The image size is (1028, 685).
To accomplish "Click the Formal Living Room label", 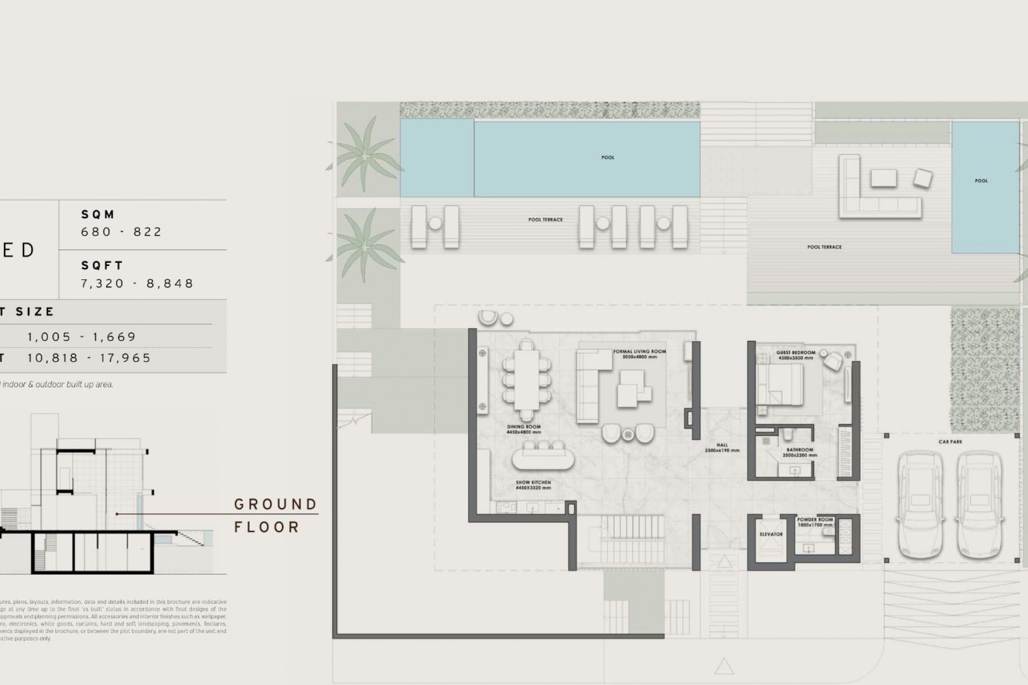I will pos(639,354).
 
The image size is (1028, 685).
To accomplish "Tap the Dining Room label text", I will pos(524,429).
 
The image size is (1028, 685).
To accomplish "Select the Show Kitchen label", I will pos(533,485).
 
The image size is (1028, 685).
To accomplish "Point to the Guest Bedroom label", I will pos(796,355).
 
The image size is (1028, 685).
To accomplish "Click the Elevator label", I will pos(771,534).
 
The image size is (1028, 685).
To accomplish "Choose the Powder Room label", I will pos(815,522).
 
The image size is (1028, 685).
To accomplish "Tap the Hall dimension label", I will pos(722,448).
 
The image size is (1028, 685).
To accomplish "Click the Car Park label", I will pos(950,442).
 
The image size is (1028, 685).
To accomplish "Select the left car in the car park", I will pos(920,505).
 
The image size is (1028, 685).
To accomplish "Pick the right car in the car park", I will pos(979,505).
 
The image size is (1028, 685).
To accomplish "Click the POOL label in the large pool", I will pos(608,158).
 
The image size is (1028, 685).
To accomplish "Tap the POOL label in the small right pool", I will pos(981,181).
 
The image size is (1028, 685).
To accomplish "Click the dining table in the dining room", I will pos(528,379).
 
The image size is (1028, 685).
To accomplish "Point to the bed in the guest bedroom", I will pos(781,384).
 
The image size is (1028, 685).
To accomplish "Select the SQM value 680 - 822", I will pos(121,232).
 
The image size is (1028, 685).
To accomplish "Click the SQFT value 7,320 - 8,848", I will pos(137,283).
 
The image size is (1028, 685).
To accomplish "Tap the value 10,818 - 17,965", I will pos(89,358).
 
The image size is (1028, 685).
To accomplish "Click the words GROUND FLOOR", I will pos(275,515).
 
